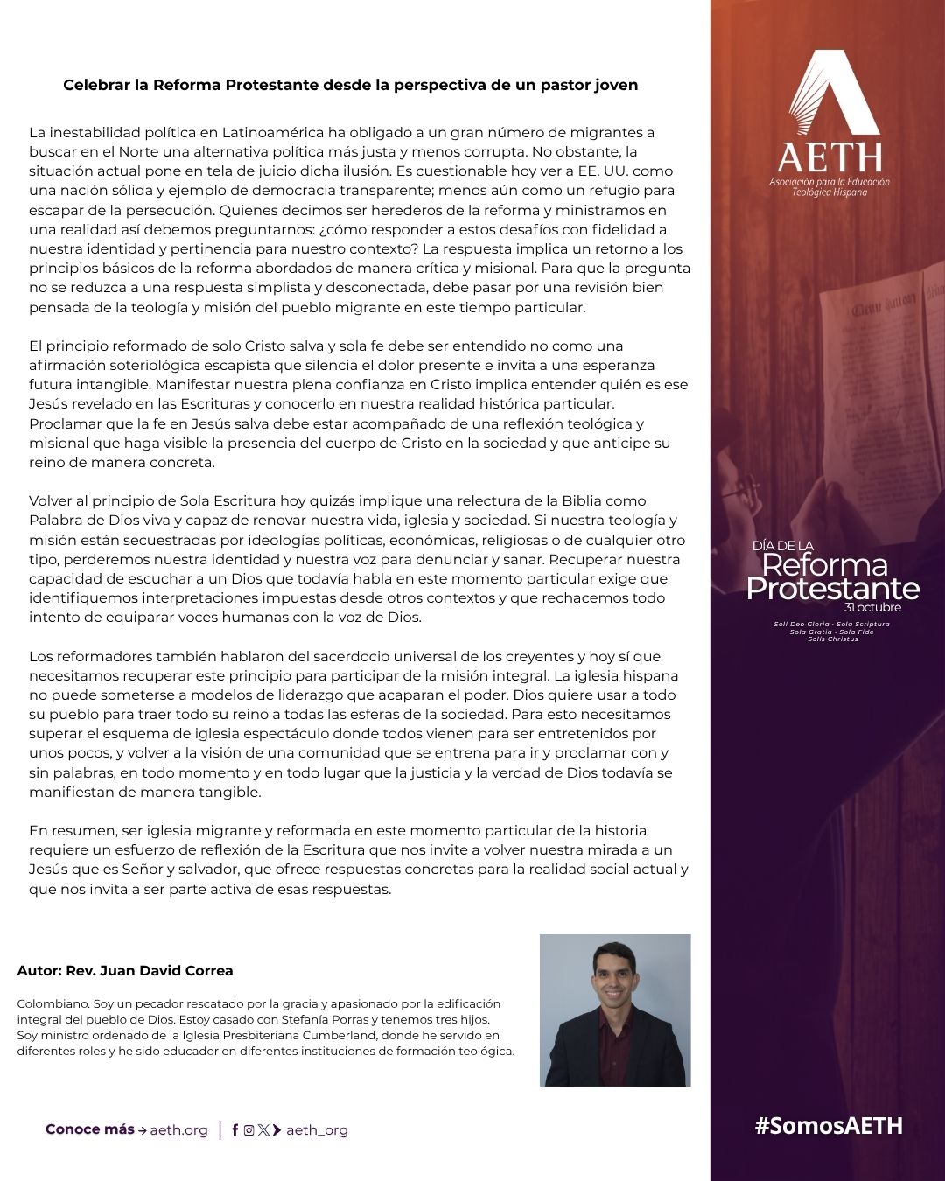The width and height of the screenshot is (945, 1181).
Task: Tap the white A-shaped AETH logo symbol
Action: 833,93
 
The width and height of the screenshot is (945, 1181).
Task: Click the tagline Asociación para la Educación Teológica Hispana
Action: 829,186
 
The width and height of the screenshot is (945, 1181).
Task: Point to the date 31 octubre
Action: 872,607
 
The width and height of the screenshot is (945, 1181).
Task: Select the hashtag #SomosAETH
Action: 828,1126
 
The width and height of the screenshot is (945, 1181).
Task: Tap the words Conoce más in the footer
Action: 89,1129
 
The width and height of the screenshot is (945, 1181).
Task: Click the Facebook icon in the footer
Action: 234,1130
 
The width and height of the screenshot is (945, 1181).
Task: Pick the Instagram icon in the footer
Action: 248,1130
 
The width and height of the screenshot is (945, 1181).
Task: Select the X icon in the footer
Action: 262,1130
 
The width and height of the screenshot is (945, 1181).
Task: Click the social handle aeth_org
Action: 317,1130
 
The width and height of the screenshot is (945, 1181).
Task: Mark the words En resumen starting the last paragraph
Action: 64,830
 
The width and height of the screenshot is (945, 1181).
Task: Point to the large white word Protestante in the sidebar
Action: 832,588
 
